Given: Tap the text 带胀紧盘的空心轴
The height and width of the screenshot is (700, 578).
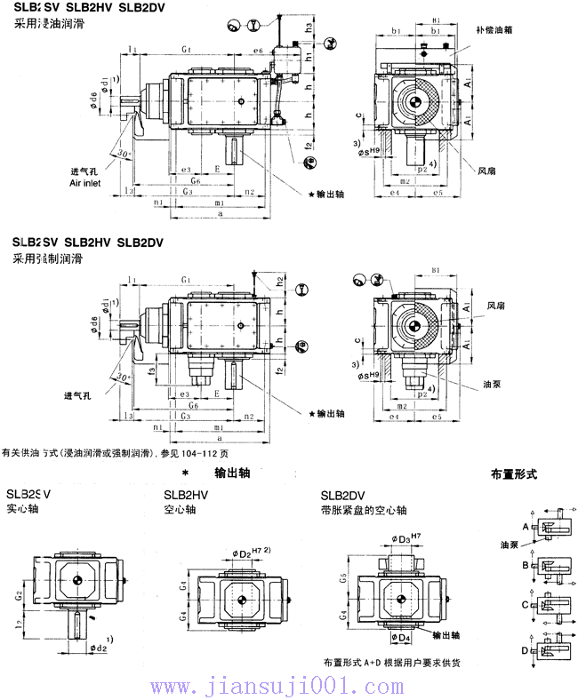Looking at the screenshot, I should click(x=365, y=510).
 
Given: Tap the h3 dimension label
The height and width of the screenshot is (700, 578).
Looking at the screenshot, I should click(x=309, y=29).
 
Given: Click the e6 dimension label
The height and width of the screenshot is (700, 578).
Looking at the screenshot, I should click(x=258, y=52).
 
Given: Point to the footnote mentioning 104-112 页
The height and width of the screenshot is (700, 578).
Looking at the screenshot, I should click(x=115, y=453).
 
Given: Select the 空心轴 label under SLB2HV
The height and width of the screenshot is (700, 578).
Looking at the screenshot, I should click(x=181, y=510).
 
